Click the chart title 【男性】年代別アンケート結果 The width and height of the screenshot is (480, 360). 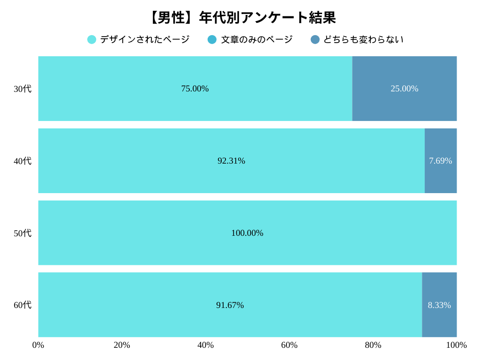click(x=242, y=18)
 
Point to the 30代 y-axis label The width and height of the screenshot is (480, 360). click(x=22, y=89)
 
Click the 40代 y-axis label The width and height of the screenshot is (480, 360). click(x=22, y=161)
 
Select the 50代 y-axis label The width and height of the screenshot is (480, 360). click(x=22, y=233)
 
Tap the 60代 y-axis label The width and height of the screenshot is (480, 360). click(x=22, y=305)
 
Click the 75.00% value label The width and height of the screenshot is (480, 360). click(x=195, y=89)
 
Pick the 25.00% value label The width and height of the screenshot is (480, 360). click(x=405, y=89)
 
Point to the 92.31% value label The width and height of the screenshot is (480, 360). click(x=231, y=161)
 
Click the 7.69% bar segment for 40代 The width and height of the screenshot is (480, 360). click(x=441, y=161)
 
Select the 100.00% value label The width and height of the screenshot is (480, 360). click(x=247, y=233)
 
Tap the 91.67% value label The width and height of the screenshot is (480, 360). click(x=230, y=305)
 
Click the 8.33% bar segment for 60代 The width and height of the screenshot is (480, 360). click(x=439, y=305)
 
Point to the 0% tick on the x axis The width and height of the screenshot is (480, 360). click(x=38, y=345)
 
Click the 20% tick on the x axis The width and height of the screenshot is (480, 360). click(x=122, y=345)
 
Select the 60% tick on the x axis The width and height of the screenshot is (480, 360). click(x=289, y=345)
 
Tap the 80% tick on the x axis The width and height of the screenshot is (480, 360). click(x=373, y=345)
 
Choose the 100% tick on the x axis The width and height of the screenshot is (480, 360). click(x=456, y=345)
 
